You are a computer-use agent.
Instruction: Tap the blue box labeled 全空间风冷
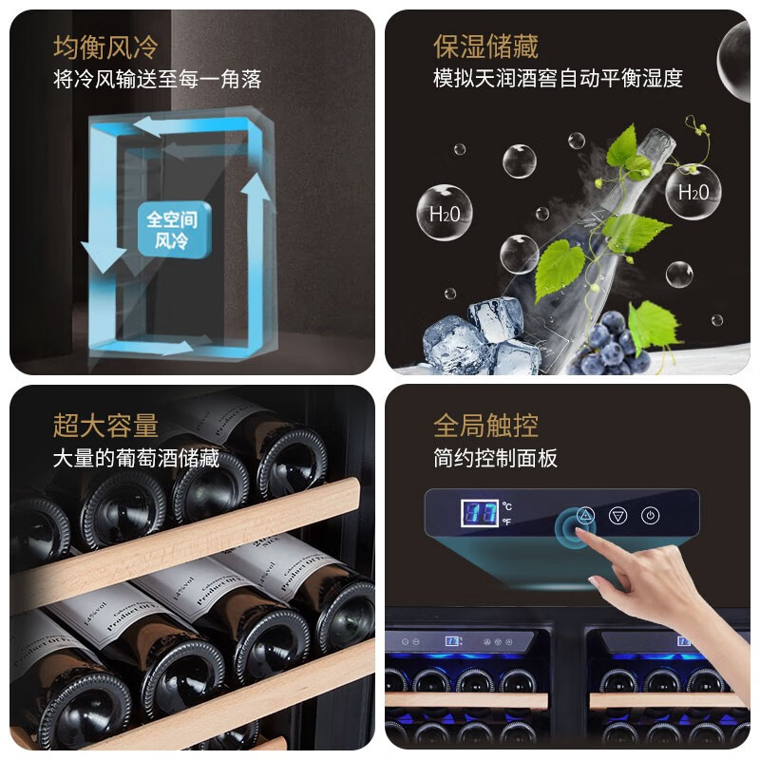[173, 230]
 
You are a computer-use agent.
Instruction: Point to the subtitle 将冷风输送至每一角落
[157, 79]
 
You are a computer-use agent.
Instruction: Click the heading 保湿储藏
[484, 47]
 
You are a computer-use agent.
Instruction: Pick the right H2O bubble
[693, 192]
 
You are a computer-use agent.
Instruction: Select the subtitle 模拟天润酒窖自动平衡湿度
[558, 79]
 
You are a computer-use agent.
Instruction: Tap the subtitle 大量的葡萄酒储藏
[136, 458]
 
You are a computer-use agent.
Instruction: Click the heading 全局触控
[484, 425]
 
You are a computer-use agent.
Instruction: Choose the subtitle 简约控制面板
[495, 458]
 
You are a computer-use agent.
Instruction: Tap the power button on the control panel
[650, 516]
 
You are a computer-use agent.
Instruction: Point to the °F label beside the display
[506, 522]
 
